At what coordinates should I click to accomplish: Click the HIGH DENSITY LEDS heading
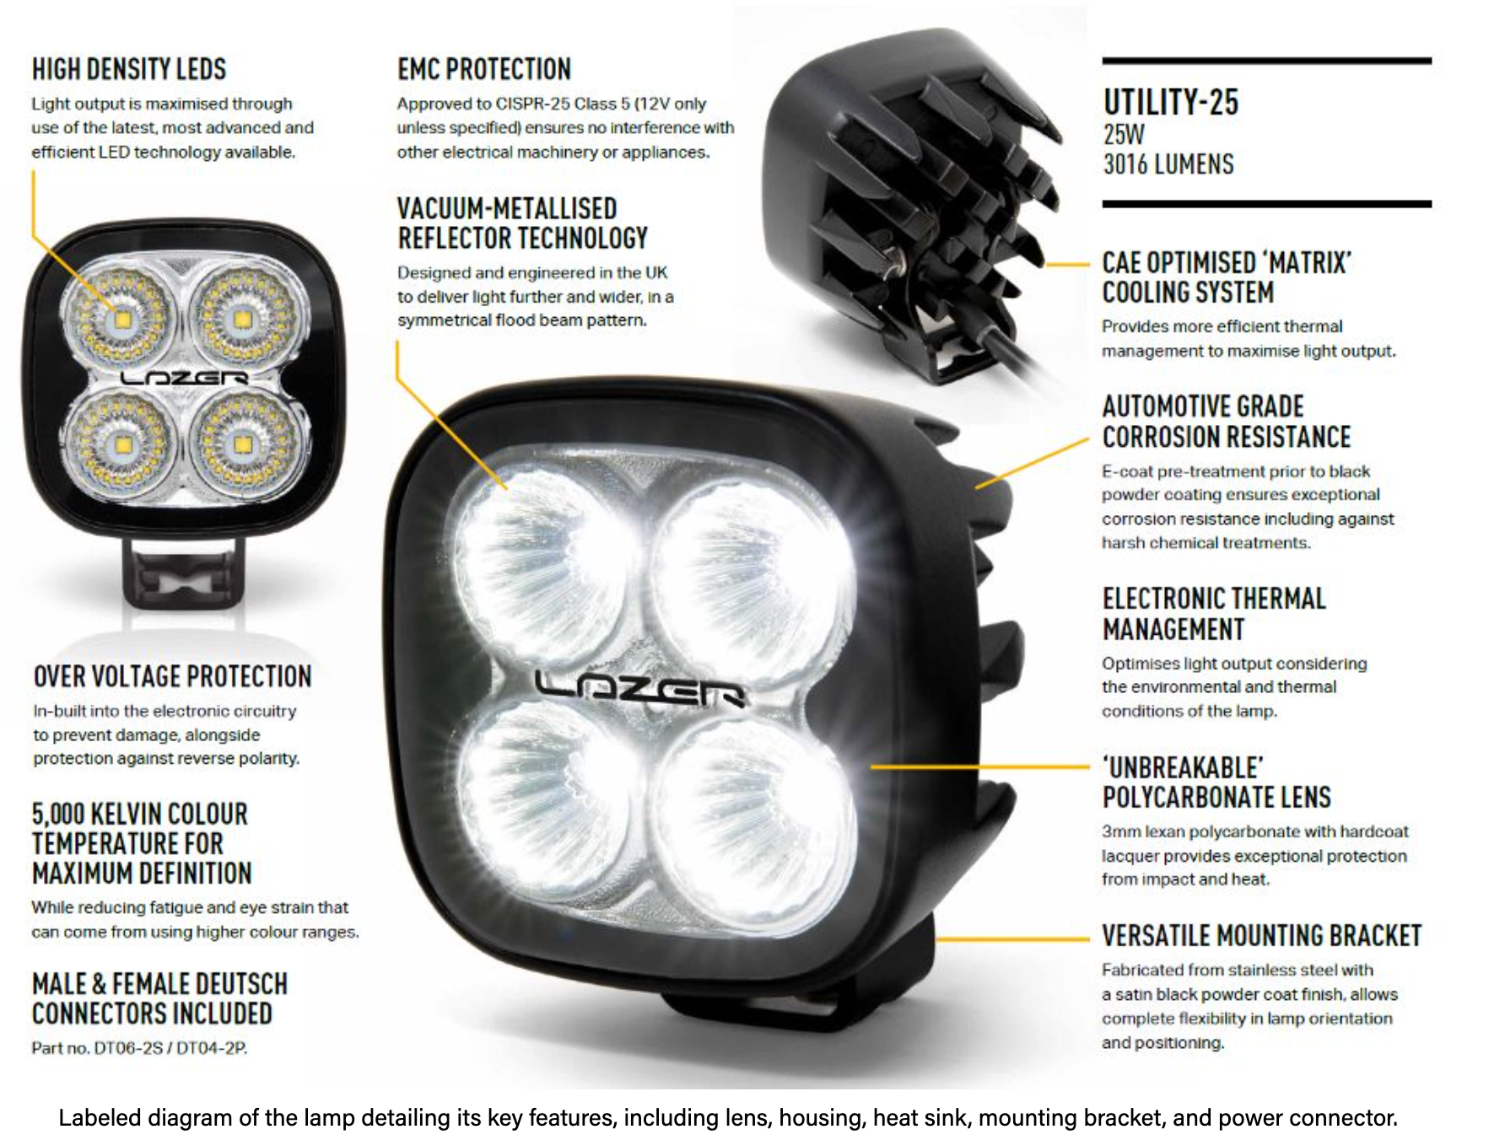(129, 69)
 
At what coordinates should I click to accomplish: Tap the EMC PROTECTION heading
(484, 69)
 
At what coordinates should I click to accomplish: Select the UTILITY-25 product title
(1171, 102)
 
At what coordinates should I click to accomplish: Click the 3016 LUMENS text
(1168, 164)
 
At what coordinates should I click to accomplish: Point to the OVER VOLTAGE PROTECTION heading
(172, 676)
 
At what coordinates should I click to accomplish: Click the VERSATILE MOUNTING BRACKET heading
(1262, 936)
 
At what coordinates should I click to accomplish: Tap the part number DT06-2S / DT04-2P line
(139, 1048)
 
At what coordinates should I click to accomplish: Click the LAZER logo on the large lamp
(641, 690)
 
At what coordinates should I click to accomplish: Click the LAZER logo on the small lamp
(184, 378)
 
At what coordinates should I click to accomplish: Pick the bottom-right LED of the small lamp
(243, 444)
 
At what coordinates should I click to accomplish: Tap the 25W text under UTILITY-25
(1125, 135)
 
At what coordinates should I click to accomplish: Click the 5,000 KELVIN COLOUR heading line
(140, 814)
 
